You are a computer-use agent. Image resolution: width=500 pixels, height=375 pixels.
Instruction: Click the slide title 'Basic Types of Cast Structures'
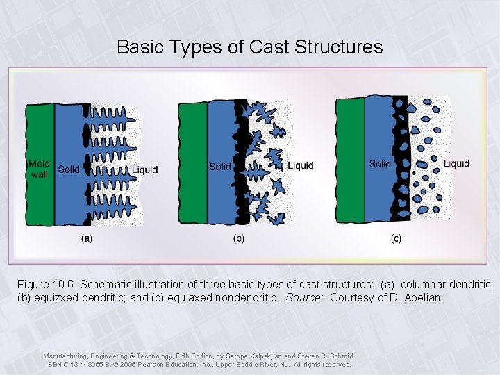(249, 47)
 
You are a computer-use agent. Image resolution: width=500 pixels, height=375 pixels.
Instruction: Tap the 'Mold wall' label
(39, 169)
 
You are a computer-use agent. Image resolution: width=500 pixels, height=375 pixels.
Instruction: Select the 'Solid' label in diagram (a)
(69, 169)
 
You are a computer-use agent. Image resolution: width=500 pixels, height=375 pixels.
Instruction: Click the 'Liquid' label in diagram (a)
(144, 169)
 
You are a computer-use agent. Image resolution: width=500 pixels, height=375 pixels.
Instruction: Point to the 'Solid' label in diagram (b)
(220, 166)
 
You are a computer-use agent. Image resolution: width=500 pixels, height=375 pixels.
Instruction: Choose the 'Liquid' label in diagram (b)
(301, 165)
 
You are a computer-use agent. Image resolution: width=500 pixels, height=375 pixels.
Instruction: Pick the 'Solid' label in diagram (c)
(380, 164)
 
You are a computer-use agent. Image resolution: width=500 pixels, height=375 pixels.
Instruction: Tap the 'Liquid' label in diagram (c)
(456, 163)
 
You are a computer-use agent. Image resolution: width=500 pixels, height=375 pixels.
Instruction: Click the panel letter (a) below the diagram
(87, 238)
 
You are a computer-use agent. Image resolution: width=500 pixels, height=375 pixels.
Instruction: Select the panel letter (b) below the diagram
(239, 239)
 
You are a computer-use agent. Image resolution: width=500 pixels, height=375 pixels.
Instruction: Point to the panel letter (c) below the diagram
(396, 239)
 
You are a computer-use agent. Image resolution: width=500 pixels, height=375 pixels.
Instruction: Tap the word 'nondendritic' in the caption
(247, 298)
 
